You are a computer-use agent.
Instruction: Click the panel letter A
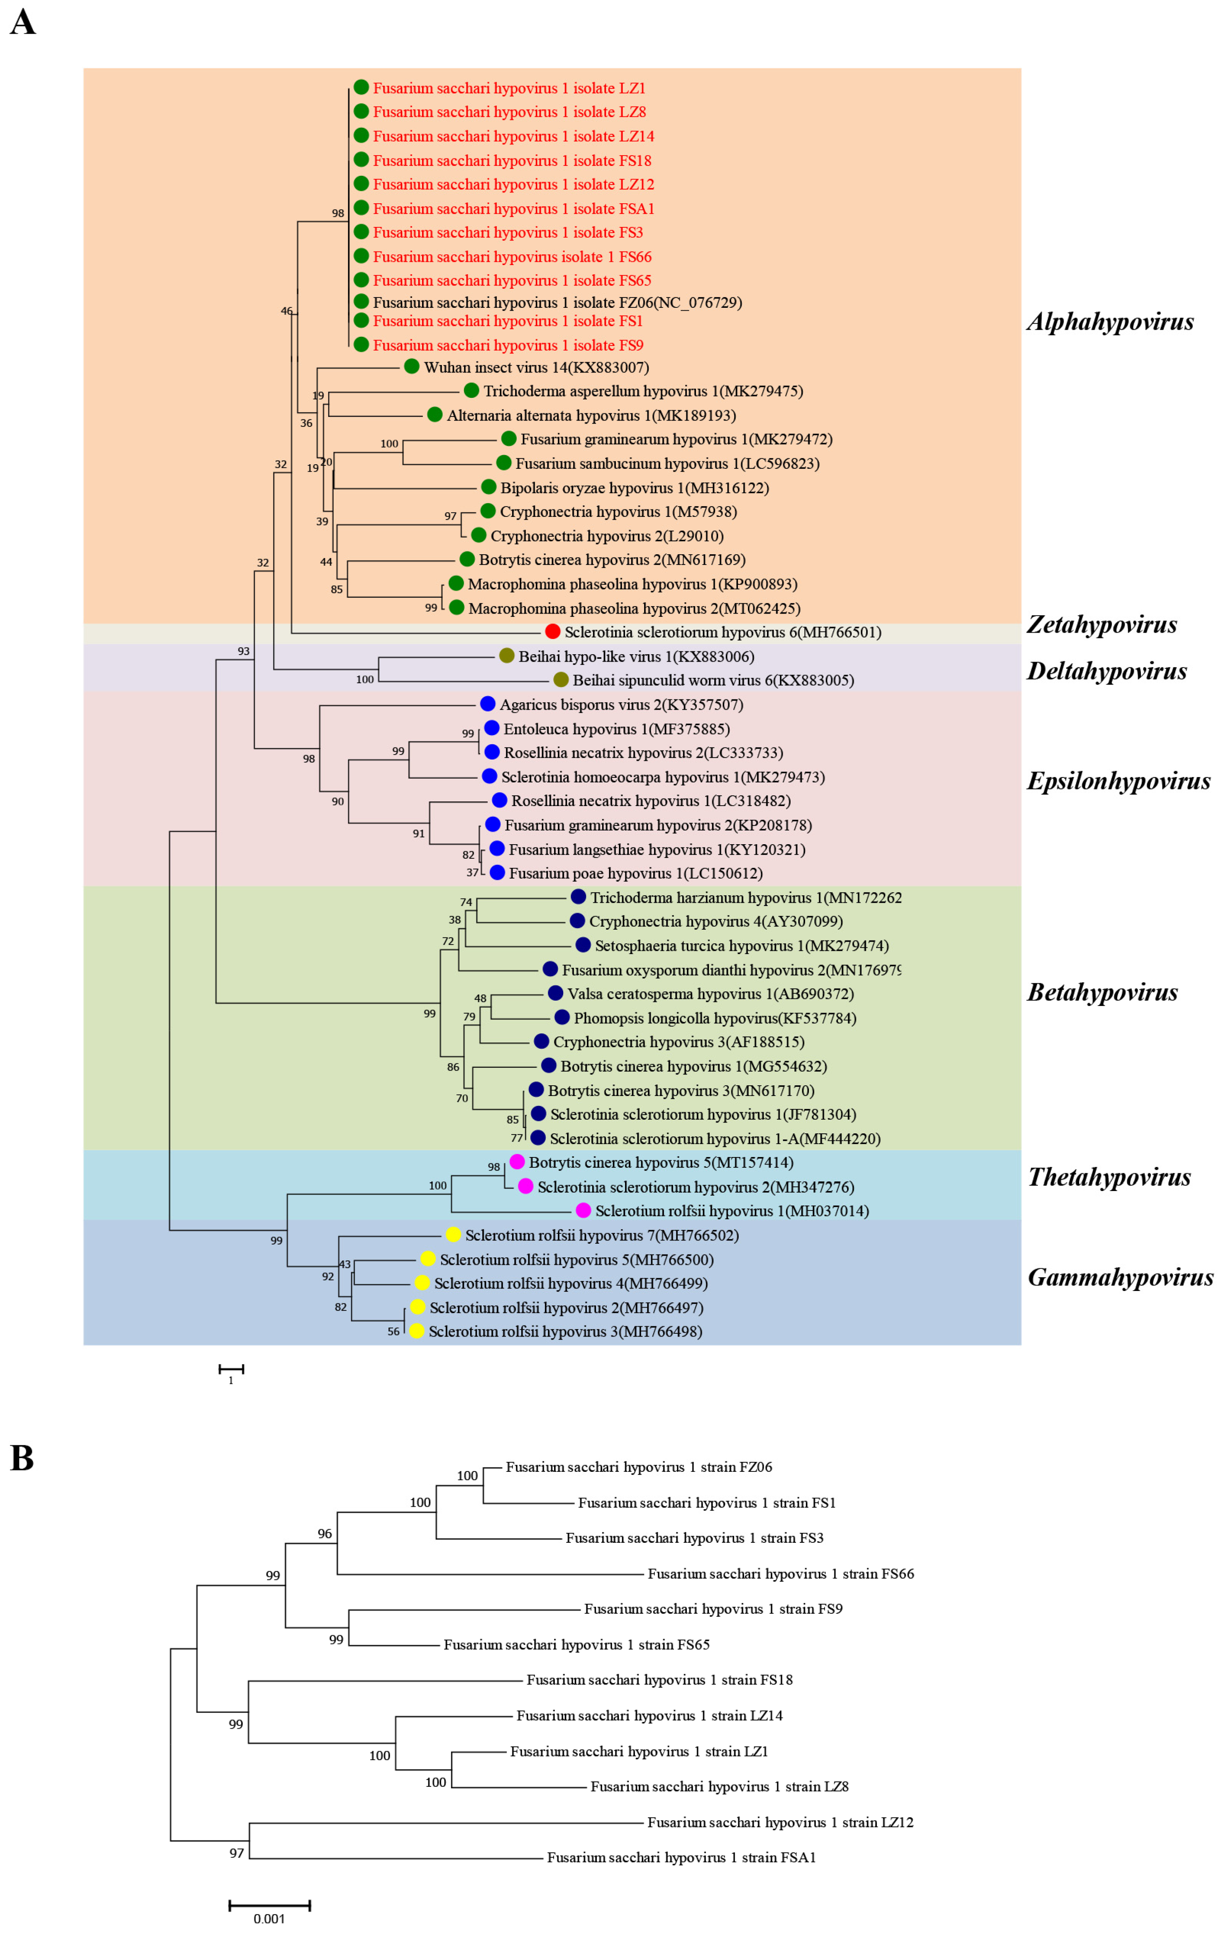pyautogui.click(x=22, y=22)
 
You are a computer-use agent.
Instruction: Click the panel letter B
pyautogui.click(x=22, y=1458)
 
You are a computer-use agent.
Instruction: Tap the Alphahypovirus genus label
pyautogui.click(x=1110, y=322)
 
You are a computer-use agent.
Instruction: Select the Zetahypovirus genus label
pyautogui.click(x=1101, y=625)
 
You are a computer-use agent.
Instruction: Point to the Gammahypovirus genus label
pyautogui.click(x=1120, y=1278)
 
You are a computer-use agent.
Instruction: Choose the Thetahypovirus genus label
pyautogui.click(x=1109, y=1177)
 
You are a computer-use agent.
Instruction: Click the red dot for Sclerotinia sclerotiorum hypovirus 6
pyautogui.click(x=552, y=631)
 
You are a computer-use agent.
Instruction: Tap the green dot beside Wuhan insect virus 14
pyautogui.click(x=411, y=366)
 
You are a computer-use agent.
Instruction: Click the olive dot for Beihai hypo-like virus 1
pyautogui.click(x=506, y=655)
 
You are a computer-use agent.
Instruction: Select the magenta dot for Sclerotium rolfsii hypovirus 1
pyautogui.click(x=583, y=1211)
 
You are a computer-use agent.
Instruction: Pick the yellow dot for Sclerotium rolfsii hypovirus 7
pyautogui.click(x=453, y=1235)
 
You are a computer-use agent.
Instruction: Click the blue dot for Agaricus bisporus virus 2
pyautogui.click(x=487, y=704)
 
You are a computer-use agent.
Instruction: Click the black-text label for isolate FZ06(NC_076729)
pyautogui.click(x=557, y=303)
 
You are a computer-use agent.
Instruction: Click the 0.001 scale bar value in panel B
pyautogui.click(x=269, y=1919)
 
